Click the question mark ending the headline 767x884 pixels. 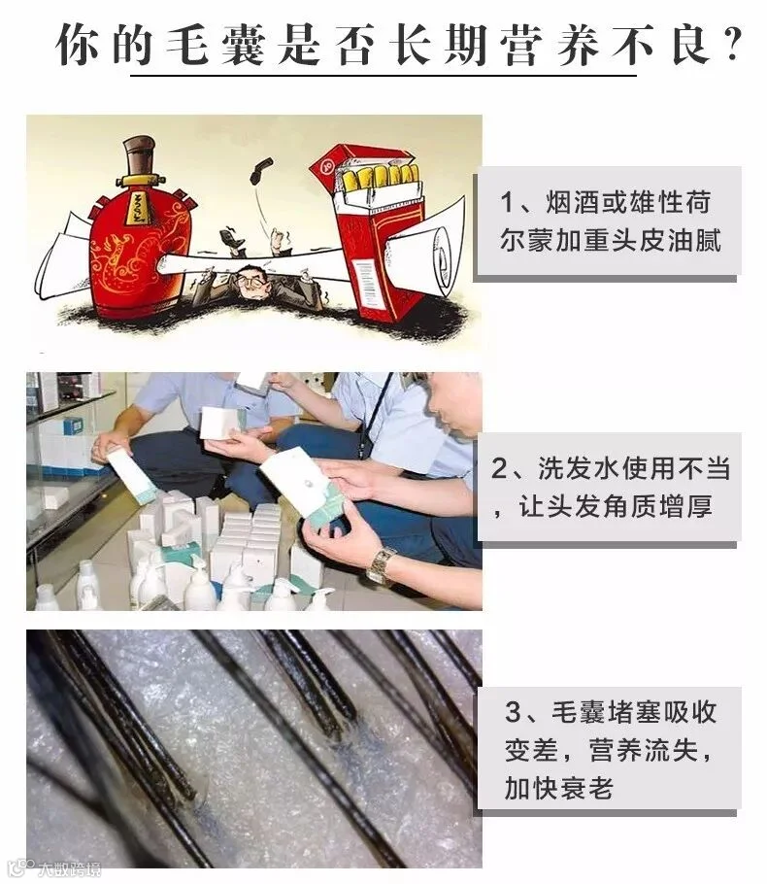pos(733,45)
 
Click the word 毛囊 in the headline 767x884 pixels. pos(216,45)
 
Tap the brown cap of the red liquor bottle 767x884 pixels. pos(139,155)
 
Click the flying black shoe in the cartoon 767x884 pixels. pos(261,170)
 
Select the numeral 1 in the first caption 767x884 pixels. pos(507,202)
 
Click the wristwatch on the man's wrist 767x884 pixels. pos(381,565)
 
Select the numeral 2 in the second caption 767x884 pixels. pos(499,469)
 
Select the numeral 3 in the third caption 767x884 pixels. pos(513,712)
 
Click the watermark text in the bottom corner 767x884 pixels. pos(69,869)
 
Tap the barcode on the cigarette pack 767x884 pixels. pos(365,276)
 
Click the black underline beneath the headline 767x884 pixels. pos(383,75)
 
